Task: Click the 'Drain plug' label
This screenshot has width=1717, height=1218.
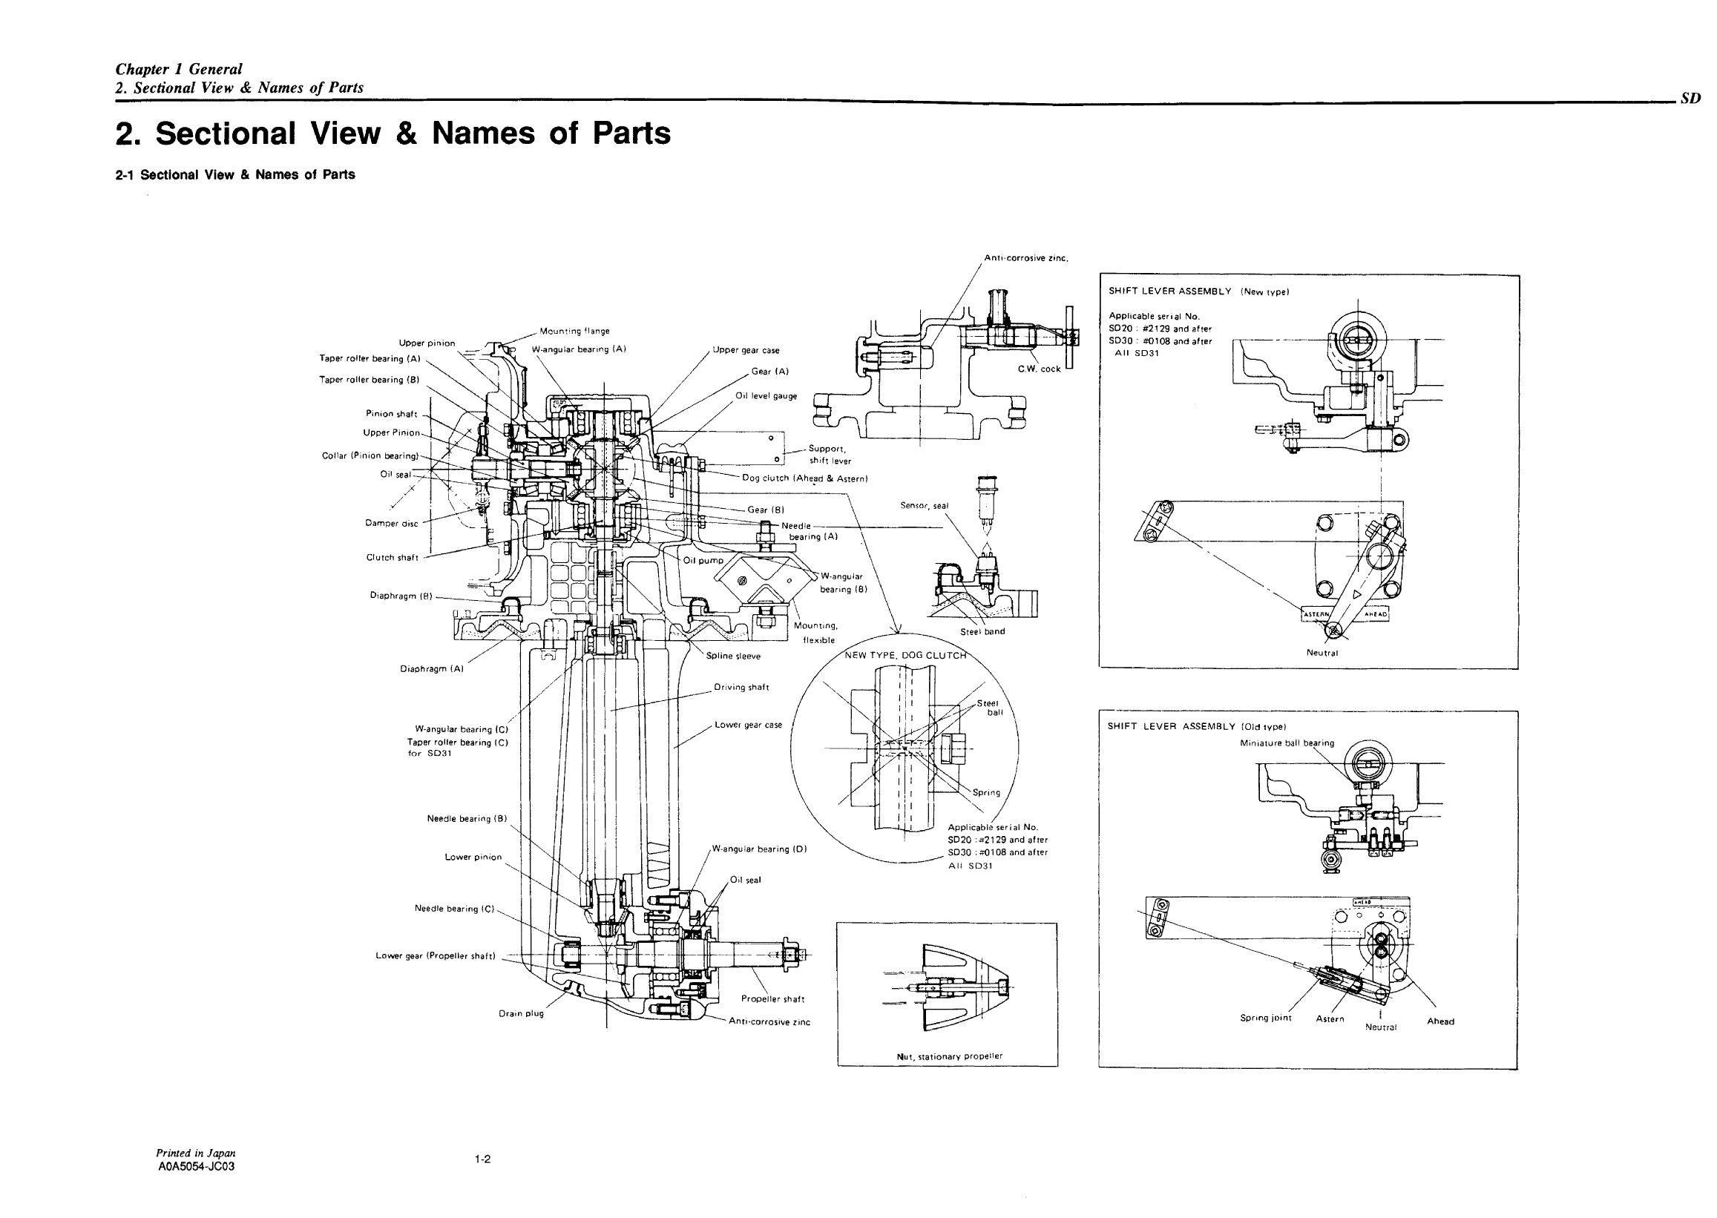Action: tap(521, 1013)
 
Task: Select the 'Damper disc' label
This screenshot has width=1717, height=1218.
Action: tap(391, 524)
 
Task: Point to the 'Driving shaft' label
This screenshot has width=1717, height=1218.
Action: tap(741, 687)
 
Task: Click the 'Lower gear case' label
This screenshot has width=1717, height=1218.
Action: tap(748, 725)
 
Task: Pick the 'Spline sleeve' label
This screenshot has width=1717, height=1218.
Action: tap(733, 656)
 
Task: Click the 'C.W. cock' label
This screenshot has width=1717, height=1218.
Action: tap(1039, 369)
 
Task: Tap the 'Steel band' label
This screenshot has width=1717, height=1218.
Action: tap(982, 631)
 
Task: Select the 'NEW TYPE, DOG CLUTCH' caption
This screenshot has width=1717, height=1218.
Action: tap(905, 655)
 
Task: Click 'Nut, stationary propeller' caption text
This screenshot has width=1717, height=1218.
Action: tap(949, 1056)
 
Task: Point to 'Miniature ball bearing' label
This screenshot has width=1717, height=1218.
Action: tap(1287, 743)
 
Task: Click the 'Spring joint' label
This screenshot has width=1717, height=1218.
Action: tap(1265, 1018)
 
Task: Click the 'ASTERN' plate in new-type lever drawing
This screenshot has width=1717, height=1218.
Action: tap(1316, 614)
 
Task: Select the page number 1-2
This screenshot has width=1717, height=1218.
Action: tap(482, 1159)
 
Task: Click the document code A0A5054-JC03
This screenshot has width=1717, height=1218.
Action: tap(197, 1166)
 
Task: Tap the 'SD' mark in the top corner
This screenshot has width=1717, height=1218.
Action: tap(1691, 98)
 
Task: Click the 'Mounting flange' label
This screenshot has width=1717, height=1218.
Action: tap(574, 331)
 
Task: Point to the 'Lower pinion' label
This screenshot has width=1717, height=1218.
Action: tap(473, 857)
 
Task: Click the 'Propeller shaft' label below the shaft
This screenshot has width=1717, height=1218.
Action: tap(772, 999)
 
